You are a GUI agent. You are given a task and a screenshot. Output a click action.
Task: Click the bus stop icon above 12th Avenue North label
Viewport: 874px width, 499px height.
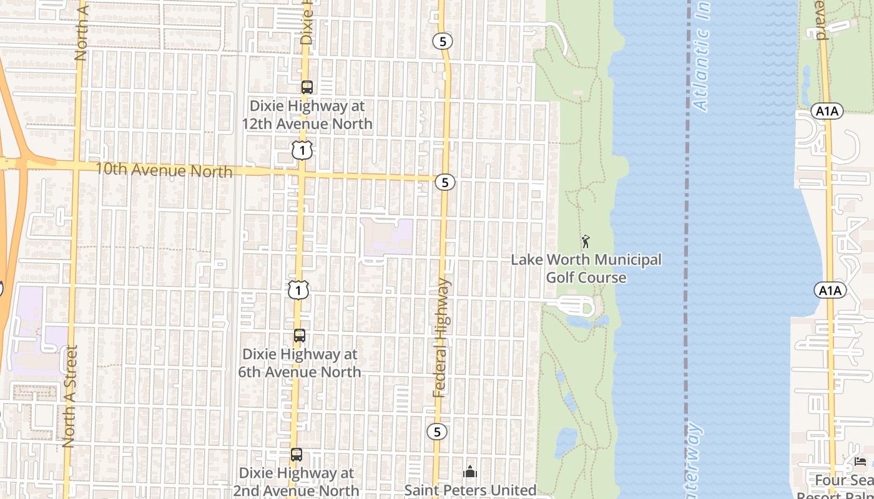coord(307,87)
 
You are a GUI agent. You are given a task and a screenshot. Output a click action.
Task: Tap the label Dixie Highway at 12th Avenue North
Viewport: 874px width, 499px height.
coord(307,115)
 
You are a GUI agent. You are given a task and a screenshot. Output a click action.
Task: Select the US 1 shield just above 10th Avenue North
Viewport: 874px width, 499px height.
coord(302,150)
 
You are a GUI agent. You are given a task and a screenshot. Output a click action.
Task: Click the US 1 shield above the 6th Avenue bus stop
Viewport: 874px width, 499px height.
coord(298,289)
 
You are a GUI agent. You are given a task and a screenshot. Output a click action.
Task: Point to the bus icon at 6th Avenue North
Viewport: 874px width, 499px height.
coord(300,336)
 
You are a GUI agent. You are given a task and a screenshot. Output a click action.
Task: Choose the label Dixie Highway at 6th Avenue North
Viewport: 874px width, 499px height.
coord(300,363)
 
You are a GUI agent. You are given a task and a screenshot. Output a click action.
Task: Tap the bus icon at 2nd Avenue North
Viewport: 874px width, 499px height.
coord(297,455)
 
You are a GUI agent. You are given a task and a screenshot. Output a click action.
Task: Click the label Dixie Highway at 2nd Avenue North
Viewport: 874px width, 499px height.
coord(297,482)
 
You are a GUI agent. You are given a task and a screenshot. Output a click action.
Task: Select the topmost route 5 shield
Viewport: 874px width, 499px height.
coord(443,42)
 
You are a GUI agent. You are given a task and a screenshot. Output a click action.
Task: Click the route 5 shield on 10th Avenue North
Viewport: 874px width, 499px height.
coord(445,182)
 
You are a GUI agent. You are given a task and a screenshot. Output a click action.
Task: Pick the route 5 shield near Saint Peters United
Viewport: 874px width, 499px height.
coord(438,432)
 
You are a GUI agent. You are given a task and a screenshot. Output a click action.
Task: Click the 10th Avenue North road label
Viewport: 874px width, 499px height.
coord(164,170)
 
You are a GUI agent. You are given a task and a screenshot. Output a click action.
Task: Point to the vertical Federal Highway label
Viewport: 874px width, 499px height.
coord(442,337)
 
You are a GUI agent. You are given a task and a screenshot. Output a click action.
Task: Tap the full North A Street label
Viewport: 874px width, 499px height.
coord(69,396)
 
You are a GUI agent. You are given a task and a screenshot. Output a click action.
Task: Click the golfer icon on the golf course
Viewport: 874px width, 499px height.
coord(586,241)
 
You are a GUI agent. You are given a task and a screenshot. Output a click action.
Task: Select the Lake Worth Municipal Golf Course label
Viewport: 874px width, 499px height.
coord(586,268)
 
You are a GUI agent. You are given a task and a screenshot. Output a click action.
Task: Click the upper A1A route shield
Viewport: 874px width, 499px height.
coord(828,112)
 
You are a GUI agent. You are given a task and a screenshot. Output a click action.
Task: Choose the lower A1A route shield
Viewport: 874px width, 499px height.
coord(830,290)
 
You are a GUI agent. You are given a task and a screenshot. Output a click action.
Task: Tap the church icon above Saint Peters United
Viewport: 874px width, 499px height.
coord(471,472)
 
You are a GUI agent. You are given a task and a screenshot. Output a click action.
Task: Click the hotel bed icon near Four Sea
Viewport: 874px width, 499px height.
coord(860,462)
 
